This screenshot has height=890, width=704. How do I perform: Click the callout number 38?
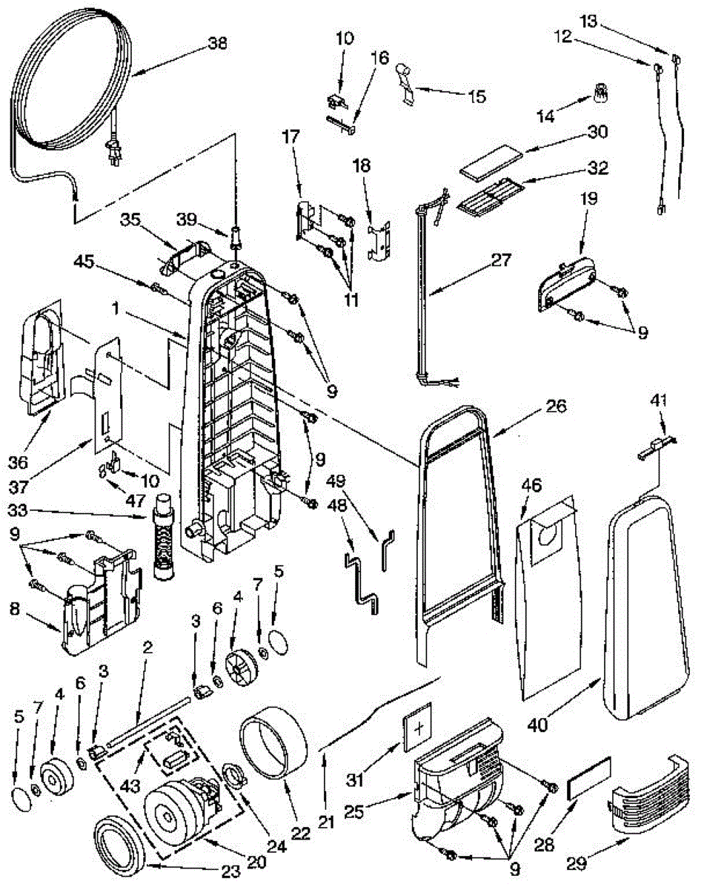pyautogui.click(x=218, y=44)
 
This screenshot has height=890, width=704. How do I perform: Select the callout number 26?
pyautogui.click(x=556, y=406)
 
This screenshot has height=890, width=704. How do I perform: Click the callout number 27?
pyautogui.click(x=502, y=260)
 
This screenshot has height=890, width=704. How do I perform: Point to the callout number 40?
pyautogui.click(x=538, y=725)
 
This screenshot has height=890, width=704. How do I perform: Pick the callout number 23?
pyautogui.click(x=230, y=871)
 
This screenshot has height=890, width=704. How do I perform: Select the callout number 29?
pyautogui.click(x=577, y=863)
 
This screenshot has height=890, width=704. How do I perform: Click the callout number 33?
pyautogui.click(x=19, y=510)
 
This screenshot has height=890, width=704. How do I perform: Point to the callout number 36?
pyautogui.click(x=18, y=462)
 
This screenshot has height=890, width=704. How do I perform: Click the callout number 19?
pyautogui.click(x=588, y=199)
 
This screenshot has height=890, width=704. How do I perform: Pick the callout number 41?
pyautogui.click(x=658, y=400)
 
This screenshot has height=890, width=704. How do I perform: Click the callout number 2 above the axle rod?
pyautogui.click(x=147, y=647)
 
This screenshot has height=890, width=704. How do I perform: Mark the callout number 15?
pyautogui.click(x=478, y=96)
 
